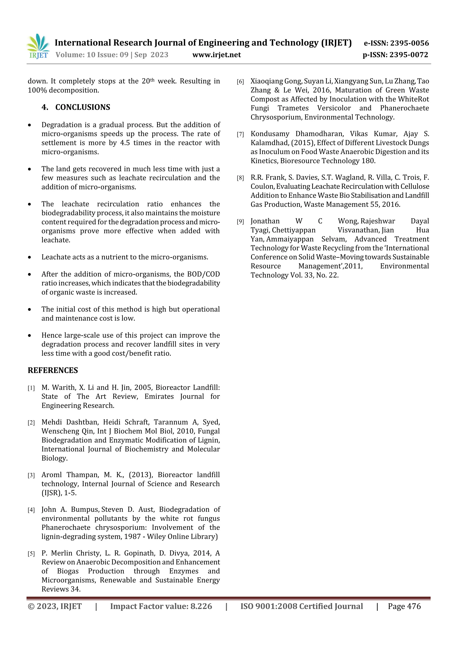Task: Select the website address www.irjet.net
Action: tap(216, 55)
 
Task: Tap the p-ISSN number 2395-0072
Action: tap(409, 55)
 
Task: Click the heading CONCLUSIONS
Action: tap(83, 107)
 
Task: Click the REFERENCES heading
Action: tap(53, 370)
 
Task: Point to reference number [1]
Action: tap(31, 388)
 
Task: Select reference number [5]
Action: tap(31, 554)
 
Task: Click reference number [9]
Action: tap(240, 222)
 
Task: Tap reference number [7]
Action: tap(240, 134)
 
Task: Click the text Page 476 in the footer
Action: tap(404, 606)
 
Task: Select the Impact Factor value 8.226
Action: tap(201, 606)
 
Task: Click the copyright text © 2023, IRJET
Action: tap(55, 606)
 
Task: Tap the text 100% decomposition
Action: tap(63, 90)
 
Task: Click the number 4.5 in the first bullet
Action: tap(125, 143)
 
